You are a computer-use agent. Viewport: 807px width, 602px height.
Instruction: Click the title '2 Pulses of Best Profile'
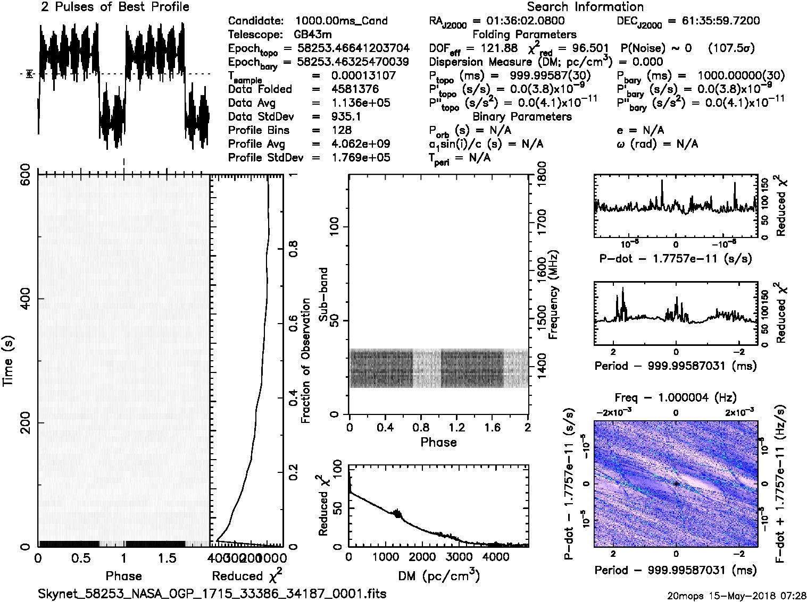pyautogui.click(x=114, y=7)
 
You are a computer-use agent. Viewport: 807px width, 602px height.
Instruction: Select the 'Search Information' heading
pyautogui.click(x=585, y=7)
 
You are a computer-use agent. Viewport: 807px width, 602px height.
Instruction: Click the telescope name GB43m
pyautogui.click(x=313, y=35)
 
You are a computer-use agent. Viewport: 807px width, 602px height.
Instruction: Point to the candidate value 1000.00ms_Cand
pyautogui.click(x=341, y=21)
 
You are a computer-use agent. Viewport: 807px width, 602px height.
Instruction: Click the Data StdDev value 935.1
pyautogui.click(x=346, y=116)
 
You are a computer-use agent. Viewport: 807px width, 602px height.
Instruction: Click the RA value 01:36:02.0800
pyautogui.click(x=519, y=21)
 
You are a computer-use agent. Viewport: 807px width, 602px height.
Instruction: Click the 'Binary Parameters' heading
pyautogui.click(x=522, y=116)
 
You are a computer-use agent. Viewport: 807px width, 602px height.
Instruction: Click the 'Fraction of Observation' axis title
pyautogui.click(x=305, y=361)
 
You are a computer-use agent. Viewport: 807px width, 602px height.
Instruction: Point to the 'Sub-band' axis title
pyautogui.click(x=323, y=294)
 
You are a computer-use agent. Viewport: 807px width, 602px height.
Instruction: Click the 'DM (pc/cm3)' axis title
pyautogui.click(x=438, y=576)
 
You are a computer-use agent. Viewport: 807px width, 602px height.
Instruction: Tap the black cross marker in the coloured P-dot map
pyautogui.click(x=676, y=484)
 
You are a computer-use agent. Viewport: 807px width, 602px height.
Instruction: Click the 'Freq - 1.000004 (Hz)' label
pyautogui.click(x=676, y=397)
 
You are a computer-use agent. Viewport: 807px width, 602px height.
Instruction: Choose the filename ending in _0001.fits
pyautogui.click(x=212, y=593)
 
